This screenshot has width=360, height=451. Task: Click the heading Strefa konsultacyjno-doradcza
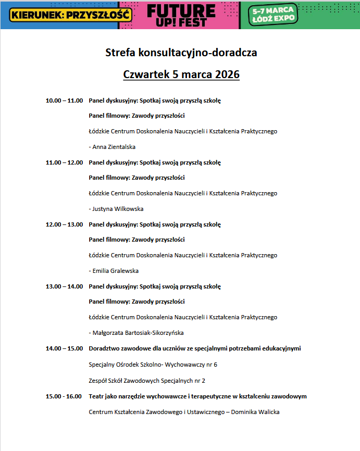coord(181,53)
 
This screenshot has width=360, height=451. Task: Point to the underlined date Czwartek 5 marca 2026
coord(181,74)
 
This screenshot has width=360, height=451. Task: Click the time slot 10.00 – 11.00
coord(64,100)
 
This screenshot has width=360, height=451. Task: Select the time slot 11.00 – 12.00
coord(64,162)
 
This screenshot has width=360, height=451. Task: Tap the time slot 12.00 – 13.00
coord(64,224)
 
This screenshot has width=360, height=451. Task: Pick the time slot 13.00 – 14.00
coord(64,286)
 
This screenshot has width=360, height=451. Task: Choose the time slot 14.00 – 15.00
coord(64,348)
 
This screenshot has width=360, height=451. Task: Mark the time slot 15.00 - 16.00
coord(64,396)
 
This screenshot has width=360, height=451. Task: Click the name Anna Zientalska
coord(114,147)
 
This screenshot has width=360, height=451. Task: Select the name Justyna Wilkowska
coord(118,209)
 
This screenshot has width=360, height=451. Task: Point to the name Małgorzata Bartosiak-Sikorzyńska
coord(138,333)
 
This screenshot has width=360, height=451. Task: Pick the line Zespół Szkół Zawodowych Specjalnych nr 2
coord(147,380)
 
